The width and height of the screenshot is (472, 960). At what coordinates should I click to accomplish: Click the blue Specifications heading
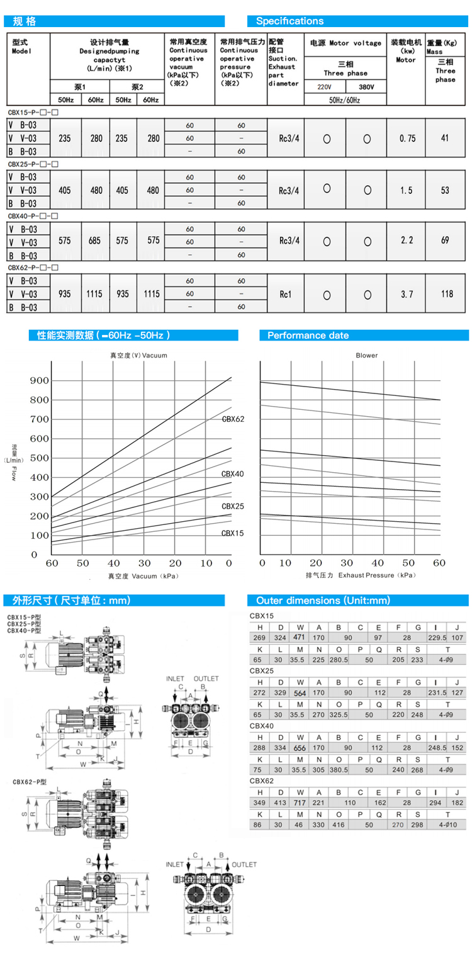289,21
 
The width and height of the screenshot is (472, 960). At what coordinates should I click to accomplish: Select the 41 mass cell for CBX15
445,138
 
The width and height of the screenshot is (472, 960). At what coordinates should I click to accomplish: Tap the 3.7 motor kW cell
407,294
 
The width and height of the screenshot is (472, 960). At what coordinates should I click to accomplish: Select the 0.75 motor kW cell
407,138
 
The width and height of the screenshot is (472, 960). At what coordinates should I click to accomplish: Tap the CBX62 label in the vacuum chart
232,419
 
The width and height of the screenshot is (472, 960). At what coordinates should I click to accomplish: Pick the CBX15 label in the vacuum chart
232,533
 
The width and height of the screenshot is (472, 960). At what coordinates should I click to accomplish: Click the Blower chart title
366,356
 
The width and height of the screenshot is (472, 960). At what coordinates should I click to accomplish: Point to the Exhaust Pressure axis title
361,575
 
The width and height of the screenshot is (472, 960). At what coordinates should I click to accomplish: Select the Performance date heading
308,336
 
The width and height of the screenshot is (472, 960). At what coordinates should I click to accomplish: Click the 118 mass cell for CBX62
445,294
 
